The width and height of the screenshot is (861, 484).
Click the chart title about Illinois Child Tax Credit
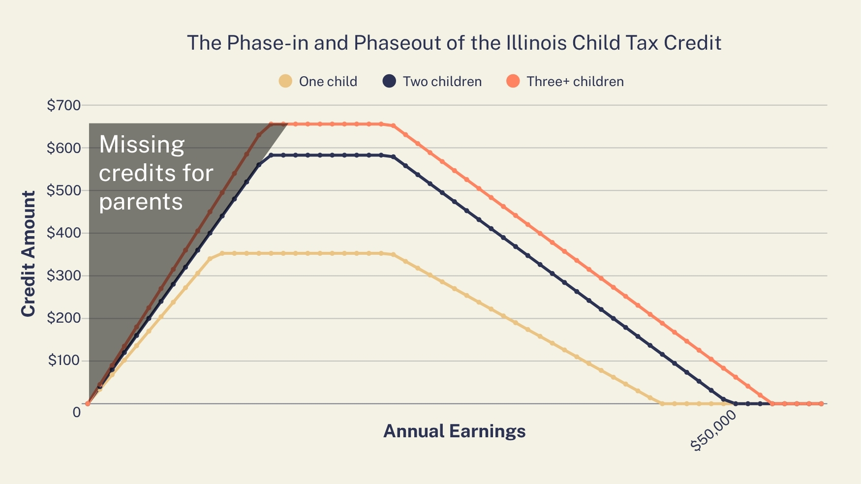tap(454, 43)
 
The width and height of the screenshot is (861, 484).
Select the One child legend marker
tap(285, 81)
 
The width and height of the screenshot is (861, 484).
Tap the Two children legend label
tap(442, 81)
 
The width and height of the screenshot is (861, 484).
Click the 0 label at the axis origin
tap(77, 412)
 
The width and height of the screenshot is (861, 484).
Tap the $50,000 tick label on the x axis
tap(714, 431)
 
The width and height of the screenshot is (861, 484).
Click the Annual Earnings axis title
tap(454, 431)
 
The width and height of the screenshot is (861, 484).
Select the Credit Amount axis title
tap(29, 254)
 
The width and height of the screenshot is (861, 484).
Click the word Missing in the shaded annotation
tap(142, 145)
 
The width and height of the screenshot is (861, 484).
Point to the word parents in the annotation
tap(141, 202)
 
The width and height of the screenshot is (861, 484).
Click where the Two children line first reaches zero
tap(736, 404)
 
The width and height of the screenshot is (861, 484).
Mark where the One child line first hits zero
tap(662, 404)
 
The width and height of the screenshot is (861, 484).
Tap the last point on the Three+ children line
tap(821, 404)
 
